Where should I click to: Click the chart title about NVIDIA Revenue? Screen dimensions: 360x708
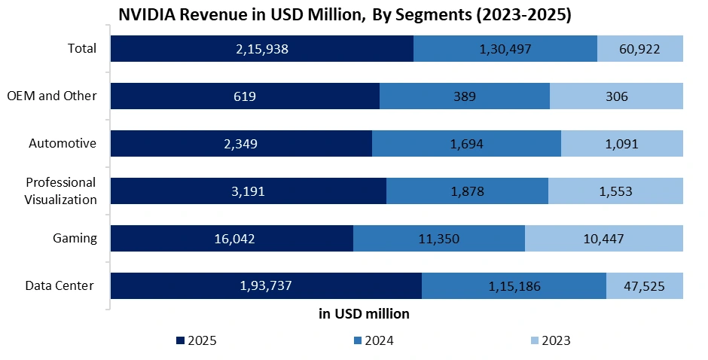[x=345, y=16]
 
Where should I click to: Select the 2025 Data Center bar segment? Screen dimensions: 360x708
[x=266, y=286]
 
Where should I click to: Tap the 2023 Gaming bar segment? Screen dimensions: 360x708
[x=603, y=239]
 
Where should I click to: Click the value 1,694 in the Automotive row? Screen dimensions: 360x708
[x=466, y=144]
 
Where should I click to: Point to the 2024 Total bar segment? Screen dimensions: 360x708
[x=505, y=49]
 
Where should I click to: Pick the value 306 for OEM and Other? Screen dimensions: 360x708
[x=616, y=96]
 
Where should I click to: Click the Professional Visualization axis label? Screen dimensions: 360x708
[x=61, y=191]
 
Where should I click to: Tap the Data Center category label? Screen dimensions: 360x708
[x=60, y=285]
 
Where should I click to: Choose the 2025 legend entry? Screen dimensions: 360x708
[x=197, y=340]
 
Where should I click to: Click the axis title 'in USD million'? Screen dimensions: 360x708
[x=364, y=313]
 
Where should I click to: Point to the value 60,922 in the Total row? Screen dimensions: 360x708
[x=640, y=49]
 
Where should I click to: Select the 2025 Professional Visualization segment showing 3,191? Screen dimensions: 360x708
[x=249, y=191]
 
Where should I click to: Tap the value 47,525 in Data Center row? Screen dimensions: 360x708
[x=645, y=286]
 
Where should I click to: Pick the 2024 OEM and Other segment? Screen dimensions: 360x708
[x=465, y=96]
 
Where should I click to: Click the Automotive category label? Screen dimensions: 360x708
[x=63, y=143]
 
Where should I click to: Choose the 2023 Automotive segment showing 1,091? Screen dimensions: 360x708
[x=622, y=144]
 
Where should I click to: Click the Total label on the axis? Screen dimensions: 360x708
[x=81, y=48]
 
